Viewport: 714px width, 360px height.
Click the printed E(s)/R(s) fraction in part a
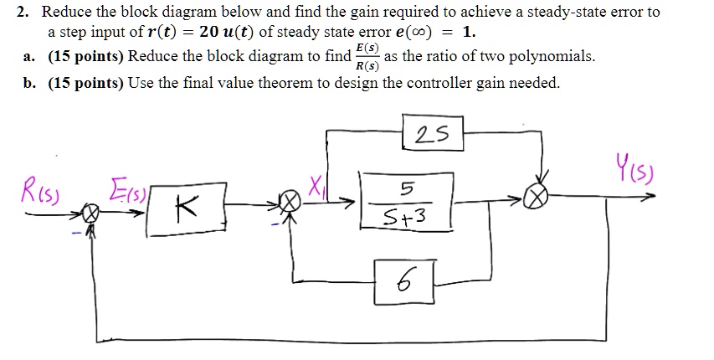coord(366,57)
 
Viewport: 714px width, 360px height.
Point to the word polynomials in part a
coord(552,57)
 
